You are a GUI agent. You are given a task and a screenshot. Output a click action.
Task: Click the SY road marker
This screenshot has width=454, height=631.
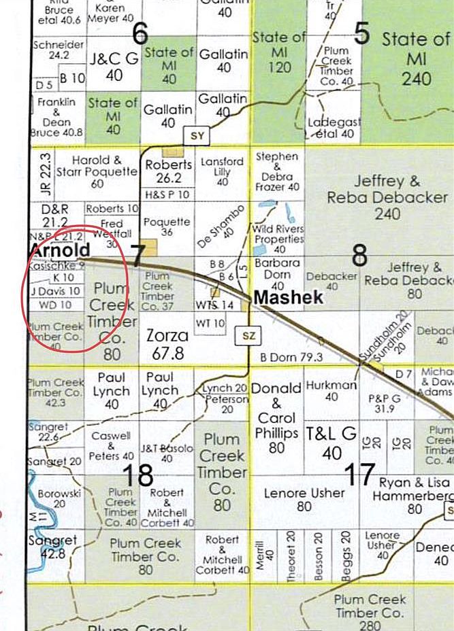[x=197, y=136]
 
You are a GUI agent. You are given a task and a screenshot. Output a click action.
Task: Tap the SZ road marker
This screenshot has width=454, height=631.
[x=246, y=335]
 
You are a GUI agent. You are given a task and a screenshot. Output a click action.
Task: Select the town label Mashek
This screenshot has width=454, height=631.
[x=288, y=297]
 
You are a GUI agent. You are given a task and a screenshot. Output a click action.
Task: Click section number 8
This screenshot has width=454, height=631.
[x=359, y=255]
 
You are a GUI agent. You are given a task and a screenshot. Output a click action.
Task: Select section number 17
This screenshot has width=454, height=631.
[x=359, y=474]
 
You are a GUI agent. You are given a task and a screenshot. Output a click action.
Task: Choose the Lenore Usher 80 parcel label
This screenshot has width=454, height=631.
[x=304, y=499]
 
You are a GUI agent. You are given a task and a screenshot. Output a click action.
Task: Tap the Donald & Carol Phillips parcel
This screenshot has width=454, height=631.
[x=277, y=417]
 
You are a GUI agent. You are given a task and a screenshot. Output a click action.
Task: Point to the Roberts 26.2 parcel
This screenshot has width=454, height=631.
[x=169, y=171]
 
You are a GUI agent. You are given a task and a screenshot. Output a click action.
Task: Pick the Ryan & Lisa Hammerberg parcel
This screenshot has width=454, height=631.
[x=414, y=496]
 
